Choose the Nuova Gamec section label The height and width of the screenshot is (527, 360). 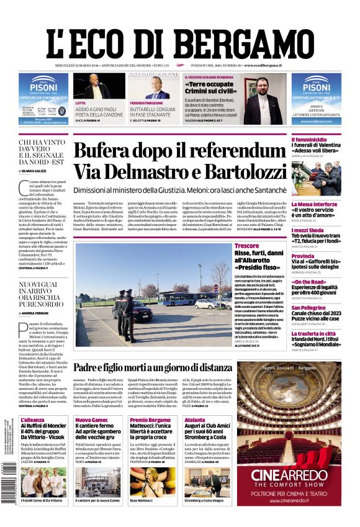point(92,420)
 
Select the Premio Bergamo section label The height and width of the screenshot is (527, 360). point(148,420)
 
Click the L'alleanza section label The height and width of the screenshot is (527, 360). point(32,420)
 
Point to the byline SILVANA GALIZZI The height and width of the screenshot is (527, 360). point(36,171)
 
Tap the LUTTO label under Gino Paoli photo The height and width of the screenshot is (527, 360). point(81,102)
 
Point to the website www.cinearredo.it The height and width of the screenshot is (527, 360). point(288,500)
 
